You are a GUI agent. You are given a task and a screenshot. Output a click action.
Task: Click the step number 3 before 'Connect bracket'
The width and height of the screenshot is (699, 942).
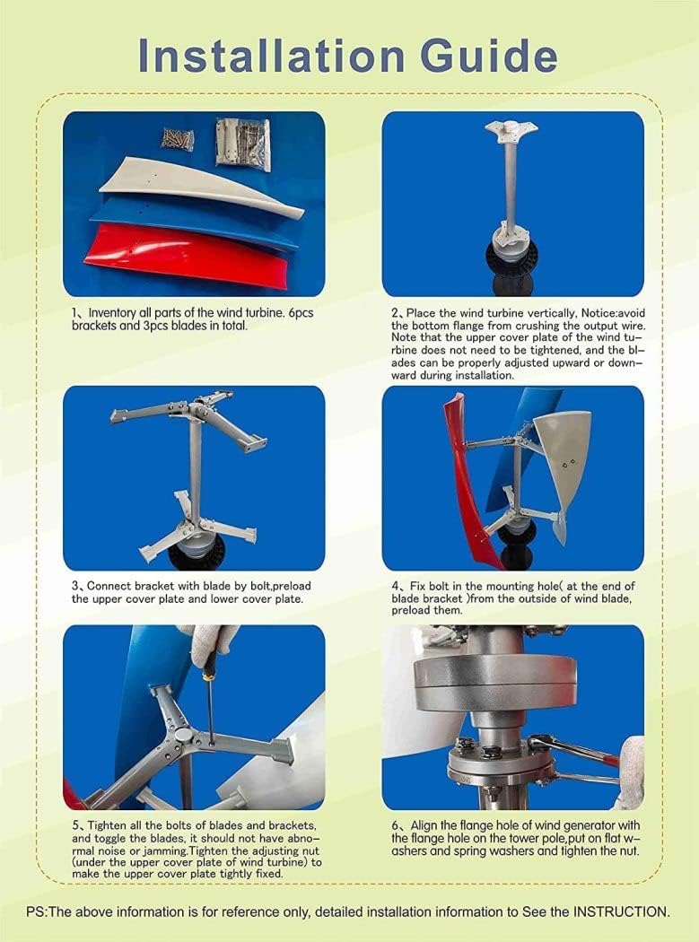pyautogui.click(x=75, y=587)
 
